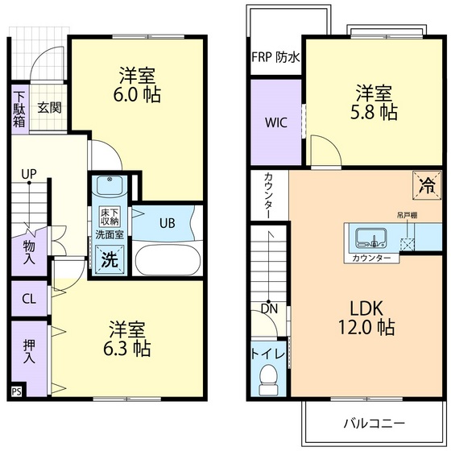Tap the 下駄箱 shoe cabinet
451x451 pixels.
point(19,108)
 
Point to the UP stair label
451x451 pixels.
point(29,173)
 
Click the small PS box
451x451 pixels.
point(16,392)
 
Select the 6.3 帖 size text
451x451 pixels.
point(130,349)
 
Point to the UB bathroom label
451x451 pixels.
point(167,223)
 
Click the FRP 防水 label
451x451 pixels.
point(276,57)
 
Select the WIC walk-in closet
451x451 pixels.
point(275,123)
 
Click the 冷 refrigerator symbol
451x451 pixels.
point(425,184)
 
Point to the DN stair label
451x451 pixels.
point(268,308)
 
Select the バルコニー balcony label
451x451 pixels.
point(374,422)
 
